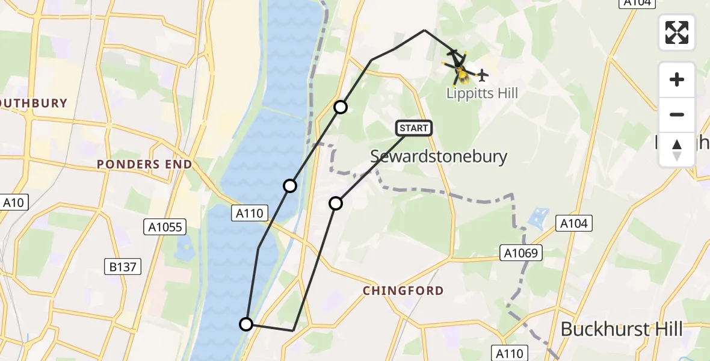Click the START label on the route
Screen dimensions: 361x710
[x=414, y=128]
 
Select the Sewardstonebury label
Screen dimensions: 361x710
[x=439, y=156]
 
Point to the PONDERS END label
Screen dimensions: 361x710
[x=145, y=164]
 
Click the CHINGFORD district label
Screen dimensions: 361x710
[x=403, y=291]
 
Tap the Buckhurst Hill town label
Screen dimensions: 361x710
[x=622, y=329]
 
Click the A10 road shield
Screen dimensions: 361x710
[x=13, y=203]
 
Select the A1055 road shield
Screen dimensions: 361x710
[x=165, y=227]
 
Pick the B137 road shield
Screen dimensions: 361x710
[x=123, y=267]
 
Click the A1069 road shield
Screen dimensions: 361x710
[x=521, y=253]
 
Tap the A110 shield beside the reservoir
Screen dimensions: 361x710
[x=249, y=212]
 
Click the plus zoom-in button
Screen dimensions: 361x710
[x=677, y=79]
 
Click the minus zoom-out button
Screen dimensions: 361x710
[x=677, y=114]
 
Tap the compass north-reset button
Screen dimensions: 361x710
[x=677, y=149]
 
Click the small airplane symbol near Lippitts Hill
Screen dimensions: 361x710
[x=482, y=75]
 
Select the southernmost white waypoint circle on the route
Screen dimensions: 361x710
[x=246, y=324]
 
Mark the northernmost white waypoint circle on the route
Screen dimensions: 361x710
[x=341, y=107]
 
